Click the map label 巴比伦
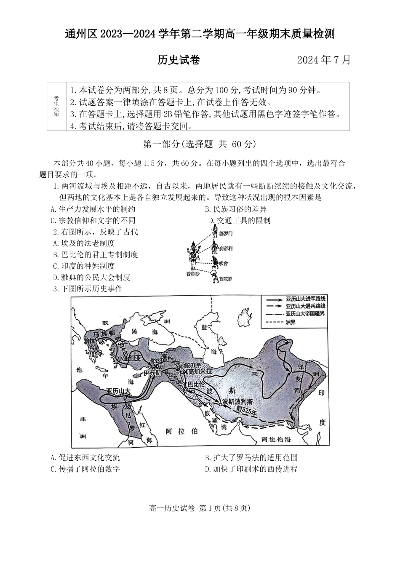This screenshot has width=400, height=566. [x=195, y=384]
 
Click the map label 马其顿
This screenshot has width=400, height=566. [x=101, y=334]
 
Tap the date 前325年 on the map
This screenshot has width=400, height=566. [x=246, y=409]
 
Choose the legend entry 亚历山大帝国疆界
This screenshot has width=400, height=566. [x=305, y=314]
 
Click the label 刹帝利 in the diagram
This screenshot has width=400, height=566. [x=226, y=248]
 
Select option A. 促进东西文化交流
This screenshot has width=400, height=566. [x=85, y=458]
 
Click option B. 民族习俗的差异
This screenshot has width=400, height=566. [x=235, y=209]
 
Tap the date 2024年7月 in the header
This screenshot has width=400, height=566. [x=323, y=60]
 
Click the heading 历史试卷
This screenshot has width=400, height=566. [x=179, y=60]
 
